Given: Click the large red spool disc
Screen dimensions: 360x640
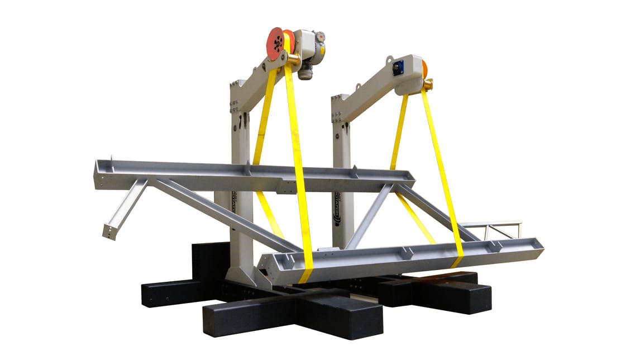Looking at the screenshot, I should [276, 43].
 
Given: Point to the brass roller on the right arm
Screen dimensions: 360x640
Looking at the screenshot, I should [428, 85].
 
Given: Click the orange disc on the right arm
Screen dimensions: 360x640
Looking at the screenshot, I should [424, 69].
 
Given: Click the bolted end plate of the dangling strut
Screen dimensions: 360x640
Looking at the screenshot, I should [111, 230].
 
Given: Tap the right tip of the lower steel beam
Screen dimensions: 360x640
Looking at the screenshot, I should [539, 246].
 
